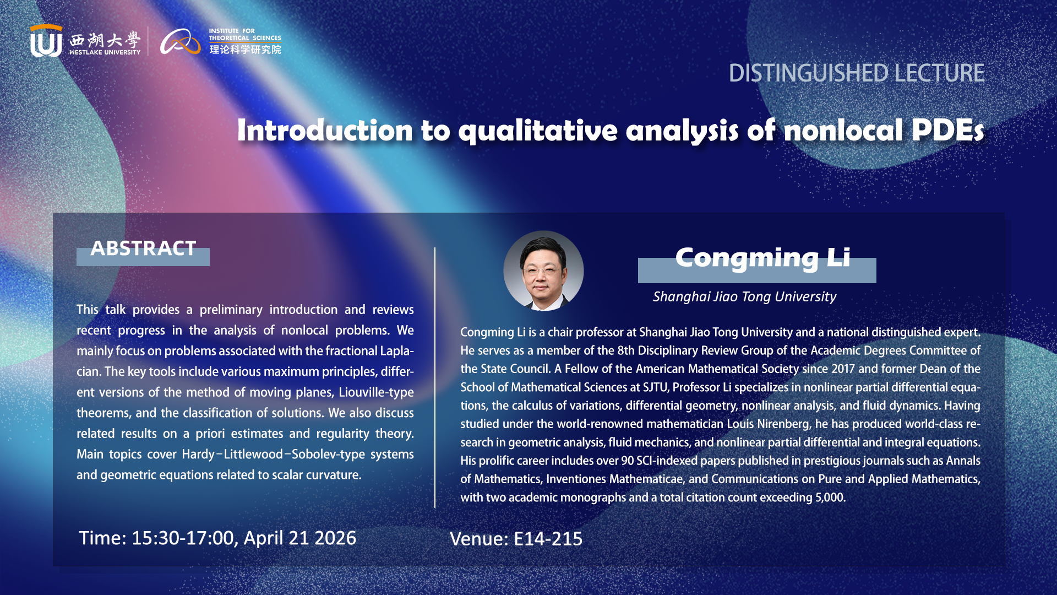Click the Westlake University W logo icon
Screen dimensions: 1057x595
click(x=46, y=41)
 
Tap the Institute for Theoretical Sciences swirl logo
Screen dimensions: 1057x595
click(x=181, y=42)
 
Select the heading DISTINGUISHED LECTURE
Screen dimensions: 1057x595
click(x=857, y=73)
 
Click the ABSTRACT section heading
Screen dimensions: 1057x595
click(x=143, y=248)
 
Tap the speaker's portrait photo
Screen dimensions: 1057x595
click(x=543, y=271)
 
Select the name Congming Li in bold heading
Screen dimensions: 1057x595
click(x=762, y=258)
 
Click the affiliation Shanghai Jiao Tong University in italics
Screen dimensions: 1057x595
click(x=744, y=297)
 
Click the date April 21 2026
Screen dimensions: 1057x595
click(x=300, y=538)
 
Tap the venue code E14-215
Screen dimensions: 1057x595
click(x=548, y=539)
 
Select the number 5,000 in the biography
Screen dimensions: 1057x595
click(x=829, y=497)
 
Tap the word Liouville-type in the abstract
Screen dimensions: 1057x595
click(x=376, y=392)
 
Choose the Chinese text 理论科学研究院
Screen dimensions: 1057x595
click(x=245, y=50)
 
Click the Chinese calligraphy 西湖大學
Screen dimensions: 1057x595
click(x=105, y=40)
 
